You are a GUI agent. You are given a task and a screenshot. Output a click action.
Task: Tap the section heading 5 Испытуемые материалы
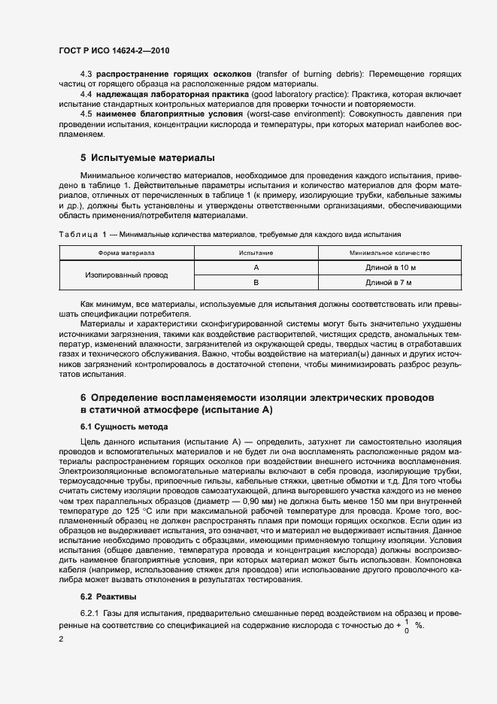pos(147,158)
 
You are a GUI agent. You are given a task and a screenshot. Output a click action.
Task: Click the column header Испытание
pos(256,253)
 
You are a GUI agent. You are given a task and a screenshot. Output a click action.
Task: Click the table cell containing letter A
pos(256,268)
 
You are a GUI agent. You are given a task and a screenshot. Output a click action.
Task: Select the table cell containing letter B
pos(256,283)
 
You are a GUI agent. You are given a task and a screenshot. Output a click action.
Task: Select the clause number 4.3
pos(86,74)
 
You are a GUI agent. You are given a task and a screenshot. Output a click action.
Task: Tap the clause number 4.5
pos(86,113)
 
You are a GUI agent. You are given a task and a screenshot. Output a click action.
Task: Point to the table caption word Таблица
pos(81,235)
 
